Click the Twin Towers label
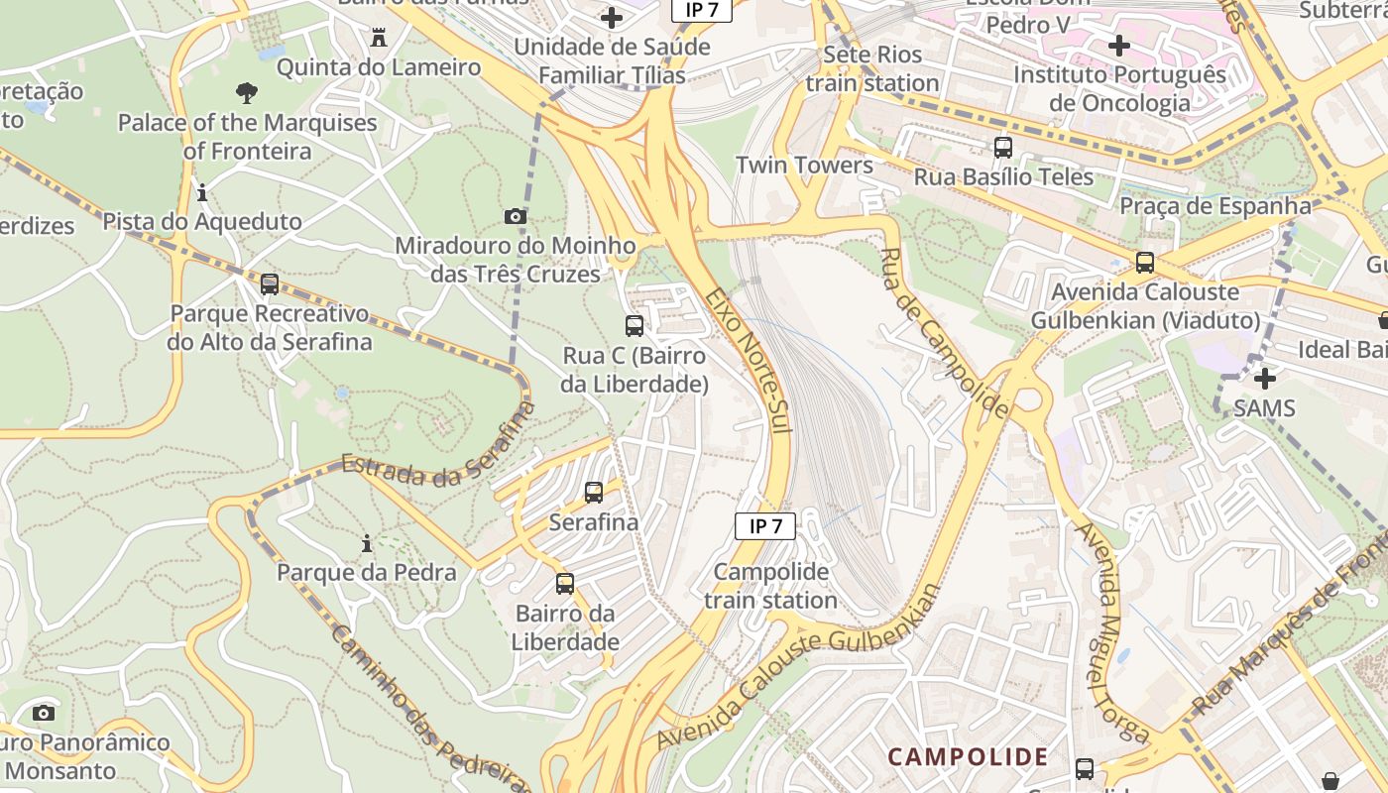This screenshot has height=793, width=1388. pyautogui.click(x=804, y=165)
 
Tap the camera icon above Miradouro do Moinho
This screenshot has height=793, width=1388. pyautogui.click(x=516, y=216)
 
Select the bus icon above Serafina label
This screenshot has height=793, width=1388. pyautogui.click(x=594, y=492)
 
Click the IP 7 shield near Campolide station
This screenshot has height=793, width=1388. pyautogui.click(x=764, y=526)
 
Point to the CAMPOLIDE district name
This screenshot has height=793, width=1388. pyautogui.click(x=968, y=757)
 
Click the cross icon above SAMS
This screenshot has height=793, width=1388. pyautogui.click(x=1265, y=379)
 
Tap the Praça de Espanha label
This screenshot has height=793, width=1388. pyautogui.click(x=1214, y=206)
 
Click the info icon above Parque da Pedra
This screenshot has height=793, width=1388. pyautogui.click(x=367, y=543)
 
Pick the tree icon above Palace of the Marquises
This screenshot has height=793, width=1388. pyautogui.click(x=247, y=93)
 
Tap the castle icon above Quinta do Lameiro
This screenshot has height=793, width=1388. pyautogui.click(x=378, y=39)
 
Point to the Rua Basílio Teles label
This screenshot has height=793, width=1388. pyautogui.click(x=1002, y=177)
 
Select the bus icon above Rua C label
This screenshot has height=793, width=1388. pyautogui.click(x=635, y=325)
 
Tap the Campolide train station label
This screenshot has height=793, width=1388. pyautogui.click(x=770, y=586)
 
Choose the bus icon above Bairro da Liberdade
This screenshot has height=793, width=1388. pyautogui.click(x=565, y=584)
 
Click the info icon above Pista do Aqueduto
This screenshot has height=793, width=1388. pyautogui.click(x=202, y=192)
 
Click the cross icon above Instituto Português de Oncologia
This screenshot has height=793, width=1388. pyautogui.click(x=1119, y=46)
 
